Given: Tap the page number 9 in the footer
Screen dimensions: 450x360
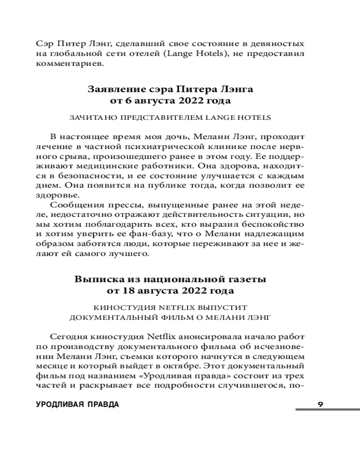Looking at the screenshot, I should point(320,404).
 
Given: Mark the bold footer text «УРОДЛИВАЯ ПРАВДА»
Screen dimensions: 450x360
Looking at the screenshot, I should point(77,404).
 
